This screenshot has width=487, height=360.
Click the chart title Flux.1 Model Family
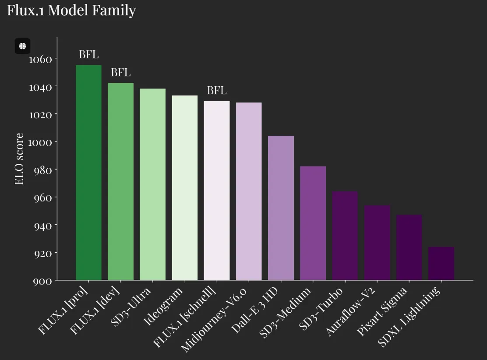(x=71, y=11)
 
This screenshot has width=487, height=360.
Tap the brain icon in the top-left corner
(x=22, y=46)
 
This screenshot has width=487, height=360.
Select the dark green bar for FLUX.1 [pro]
(x=88, y=173)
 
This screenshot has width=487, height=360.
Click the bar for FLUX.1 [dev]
(x=120, y=181)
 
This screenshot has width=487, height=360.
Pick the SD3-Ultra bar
(x=152, y=184)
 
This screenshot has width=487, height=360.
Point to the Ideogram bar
(x=184, y=187)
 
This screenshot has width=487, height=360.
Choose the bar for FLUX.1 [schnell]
(x=216, y=191)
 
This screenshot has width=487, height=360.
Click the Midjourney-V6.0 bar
(x=249, y=191)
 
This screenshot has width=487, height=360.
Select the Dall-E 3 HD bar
(x=281, y=208)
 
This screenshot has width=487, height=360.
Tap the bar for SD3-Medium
(x=313, y=223)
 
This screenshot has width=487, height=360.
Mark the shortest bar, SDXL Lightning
(x=441, y=263)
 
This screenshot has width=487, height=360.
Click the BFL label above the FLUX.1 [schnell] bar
(x=217, y=91)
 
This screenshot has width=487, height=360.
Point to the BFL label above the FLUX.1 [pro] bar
(x=89, y=55)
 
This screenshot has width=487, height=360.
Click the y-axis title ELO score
(x=19, y=159)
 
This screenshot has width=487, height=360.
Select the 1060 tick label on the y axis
(x=40, y=59)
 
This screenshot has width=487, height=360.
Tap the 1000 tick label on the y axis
(x=40, y=142)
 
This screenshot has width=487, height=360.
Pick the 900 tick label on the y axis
(x=42, y=281)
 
